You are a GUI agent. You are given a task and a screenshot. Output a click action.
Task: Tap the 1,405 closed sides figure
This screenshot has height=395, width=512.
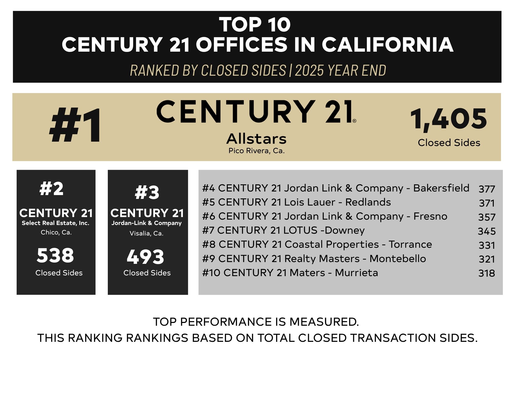pos(448,119)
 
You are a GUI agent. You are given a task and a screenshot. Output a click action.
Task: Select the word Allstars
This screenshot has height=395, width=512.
pos(256,139)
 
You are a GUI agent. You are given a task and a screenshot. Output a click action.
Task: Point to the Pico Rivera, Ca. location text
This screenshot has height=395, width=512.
pos(256,151)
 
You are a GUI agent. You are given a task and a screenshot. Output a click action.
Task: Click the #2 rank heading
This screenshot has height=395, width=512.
pos(51,189)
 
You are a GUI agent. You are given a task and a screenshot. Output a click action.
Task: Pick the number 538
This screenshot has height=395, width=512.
pos(55,255)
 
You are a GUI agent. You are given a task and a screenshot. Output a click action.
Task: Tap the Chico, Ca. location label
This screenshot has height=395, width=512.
pos(56,232)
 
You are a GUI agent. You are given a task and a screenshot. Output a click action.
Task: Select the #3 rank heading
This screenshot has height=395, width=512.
pos(147,193)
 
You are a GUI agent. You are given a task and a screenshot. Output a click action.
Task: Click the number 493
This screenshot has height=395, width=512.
pos(145,257)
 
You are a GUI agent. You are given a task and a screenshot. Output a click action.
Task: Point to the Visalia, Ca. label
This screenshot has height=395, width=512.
pos(146,233)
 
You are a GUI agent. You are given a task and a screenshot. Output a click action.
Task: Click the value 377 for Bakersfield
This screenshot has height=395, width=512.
pos(487,189)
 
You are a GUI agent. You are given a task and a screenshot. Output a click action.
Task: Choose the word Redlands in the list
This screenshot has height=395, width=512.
pos(368,202)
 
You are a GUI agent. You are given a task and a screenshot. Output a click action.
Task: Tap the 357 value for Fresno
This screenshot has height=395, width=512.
pos(487,217)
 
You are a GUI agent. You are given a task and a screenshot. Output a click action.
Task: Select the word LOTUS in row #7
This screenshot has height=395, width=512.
pos(300,230)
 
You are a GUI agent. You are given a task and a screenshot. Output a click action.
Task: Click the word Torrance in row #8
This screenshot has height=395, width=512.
pos(410,244)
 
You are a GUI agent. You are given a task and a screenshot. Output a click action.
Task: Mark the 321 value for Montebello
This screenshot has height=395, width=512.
pos(487,259)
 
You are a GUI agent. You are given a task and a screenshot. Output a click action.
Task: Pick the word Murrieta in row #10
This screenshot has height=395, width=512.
pos(356,273)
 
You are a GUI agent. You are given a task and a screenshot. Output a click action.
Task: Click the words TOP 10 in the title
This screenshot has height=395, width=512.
pos(255,25)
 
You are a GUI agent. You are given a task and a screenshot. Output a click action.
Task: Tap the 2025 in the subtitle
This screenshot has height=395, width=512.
pos(309,70)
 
